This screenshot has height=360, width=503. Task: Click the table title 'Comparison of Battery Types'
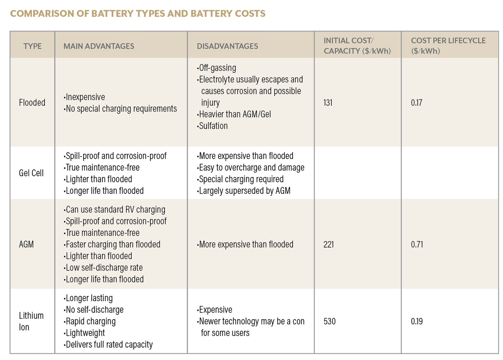point(138,14)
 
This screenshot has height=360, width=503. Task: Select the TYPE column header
point(32,46)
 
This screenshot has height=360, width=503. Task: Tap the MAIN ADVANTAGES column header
point(99,46)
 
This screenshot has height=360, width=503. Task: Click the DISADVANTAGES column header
point(227,46)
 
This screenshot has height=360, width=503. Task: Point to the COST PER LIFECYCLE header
point(448,46)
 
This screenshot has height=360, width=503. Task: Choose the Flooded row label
point(32,102)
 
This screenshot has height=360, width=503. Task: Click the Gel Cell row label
point(31,173)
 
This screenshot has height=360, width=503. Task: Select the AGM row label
point(26,244)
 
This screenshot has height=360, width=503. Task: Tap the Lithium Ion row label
point(31,321)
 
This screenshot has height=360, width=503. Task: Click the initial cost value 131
point(328,102)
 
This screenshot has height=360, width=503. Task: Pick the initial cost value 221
point(328,244)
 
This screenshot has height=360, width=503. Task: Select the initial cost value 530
point(329,321)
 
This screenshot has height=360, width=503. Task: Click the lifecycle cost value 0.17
point(416,102)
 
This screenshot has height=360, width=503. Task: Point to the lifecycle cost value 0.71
point(417,244)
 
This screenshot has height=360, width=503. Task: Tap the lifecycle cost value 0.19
point(417,321)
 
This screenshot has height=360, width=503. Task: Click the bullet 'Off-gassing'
point(217,68)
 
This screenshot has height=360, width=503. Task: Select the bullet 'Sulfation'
point(213,126)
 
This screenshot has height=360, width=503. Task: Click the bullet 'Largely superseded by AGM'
point(244,191)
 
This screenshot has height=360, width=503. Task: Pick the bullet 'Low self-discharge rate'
point(104,268)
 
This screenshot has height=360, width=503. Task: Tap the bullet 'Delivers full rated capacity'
point(109,345)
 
